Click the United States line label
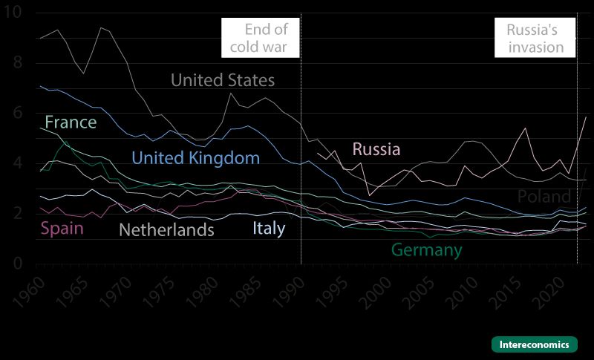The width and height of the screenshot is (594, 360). coord(223,80)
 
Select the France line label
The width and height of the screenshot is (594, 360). coord(71,122)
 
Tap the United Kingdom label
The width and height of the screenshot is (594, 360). coord(195,157)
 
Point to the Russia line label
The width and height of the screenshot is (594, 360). coord(376,148)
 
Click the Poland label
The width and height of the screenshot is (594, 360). coord(544,197)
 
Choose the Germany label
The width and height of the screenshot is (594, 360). coord(426,250)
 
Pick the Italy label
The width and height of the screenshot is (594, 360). coord(268,228)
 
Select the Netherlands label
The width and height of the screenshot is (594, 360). coord(166,229)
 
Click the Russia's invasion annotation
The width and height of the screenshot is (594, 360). coord(535,39)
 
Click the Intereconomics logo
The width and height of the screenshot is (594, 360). coord(534,344)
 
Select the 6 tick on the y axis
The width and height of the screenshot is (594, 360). coord(17,114)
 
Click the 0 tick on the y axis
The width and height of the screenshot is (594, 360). coord(17,264)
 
